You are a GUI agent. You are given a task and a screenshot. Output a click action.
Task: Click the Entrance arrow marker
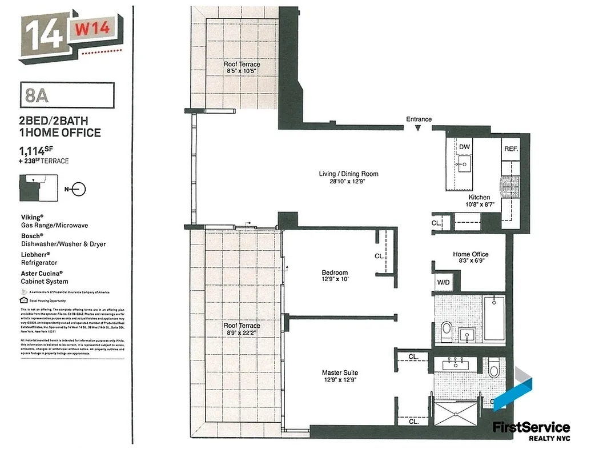point(419,129)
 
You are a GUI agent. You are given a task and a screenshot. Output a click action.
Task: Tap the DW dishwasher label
point(464,147)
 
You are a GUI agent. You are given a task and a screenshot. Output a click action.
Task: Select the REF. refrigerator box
point(510,149)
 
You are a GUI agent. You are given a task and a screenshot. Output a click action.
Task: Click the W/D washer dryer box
point(443,282)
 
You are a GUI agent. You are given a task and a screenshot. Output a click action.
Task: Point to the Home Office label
point(471,254)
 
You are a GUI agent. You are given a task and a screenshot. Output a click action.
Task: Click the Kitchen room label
point(479,197)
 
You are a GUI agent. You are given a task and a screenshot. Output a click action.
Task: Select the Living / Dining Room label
point(348,174)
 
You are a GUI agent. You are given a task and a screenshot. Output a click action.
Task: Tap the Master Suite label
point(340,373)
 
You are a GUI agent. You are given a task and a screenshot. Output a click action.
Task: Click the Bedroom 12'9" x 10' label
point(335,273)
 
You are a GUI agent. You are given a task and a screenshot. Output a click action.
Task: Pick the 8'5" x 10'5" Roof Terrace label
point(242,65)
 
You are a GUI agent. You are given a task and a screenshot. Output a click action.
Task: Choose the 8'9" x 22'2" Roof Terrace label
point(242,326)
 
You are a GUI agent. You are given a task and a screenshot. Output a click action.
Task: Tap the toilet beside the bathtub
point(447,330)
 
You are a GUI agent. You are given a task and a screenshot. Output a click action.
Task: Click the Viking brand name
point(32,218)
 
